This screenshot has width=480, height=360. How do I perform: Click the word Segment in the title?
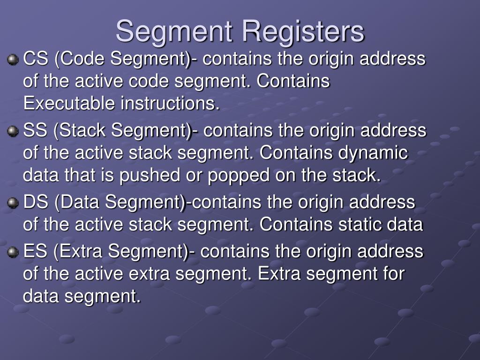tap(174, 31)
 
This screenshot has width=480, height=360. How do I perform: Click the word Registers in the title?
tap(303, 31)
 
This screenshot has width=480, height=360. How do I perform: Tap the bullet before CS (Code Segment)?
tap(12, 60)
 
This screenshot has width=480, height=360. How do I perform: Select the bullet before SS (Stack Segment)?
tap(12, 132)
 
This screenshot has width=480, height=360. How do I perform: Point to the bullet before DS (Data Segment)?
tap(12, 203)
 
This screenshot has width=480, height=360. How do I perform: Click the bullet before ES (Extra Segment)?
tap(12, 252)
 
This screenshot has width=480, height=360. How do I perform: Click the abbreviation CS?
tap(35, 60)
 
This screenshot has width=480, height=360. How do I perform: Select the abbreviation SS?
tap(35, 131)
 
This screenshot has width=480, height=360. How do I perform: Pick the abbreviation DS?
tap(35, 202)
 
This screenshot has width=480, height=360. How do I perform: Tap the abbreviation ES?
tap(35, 252)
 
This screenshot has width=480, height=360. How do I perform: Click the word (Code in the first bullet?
tap(79, 60)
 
